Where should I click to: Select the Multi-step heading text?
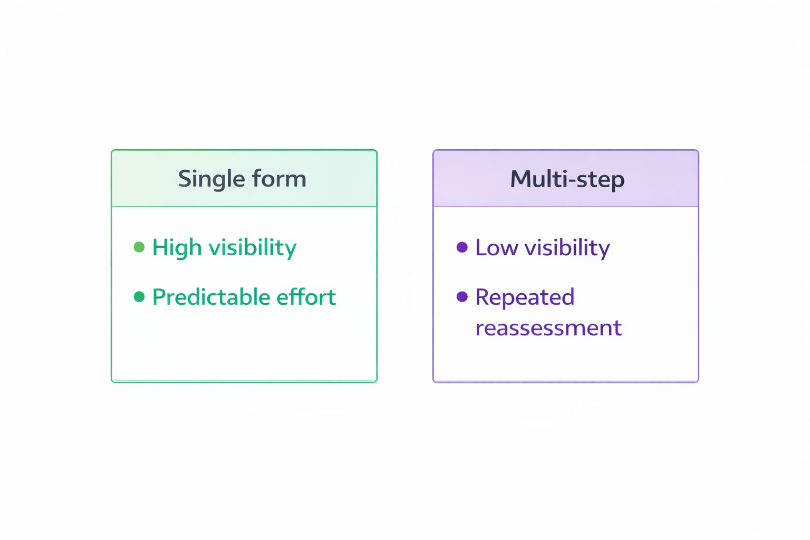click(567, 179)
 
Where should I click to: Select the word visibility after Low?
click(567, 248)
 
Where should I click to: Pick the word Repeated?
click(525, 297)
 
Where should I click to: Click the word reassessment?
click(548, 328)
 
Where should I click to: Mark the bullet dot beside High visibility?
click(139, 247)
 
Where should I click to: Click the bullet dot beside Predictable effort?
click(139, 297)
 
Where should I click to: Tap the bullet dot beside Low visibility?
click(462, 247)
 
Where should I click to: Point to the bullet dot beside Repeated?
click(462, 296)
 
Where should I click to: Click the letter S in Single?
click(185, 179)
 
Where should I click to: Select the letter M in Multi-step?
click(522, 179)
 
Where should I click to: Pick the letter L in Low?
click(481, 248)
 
